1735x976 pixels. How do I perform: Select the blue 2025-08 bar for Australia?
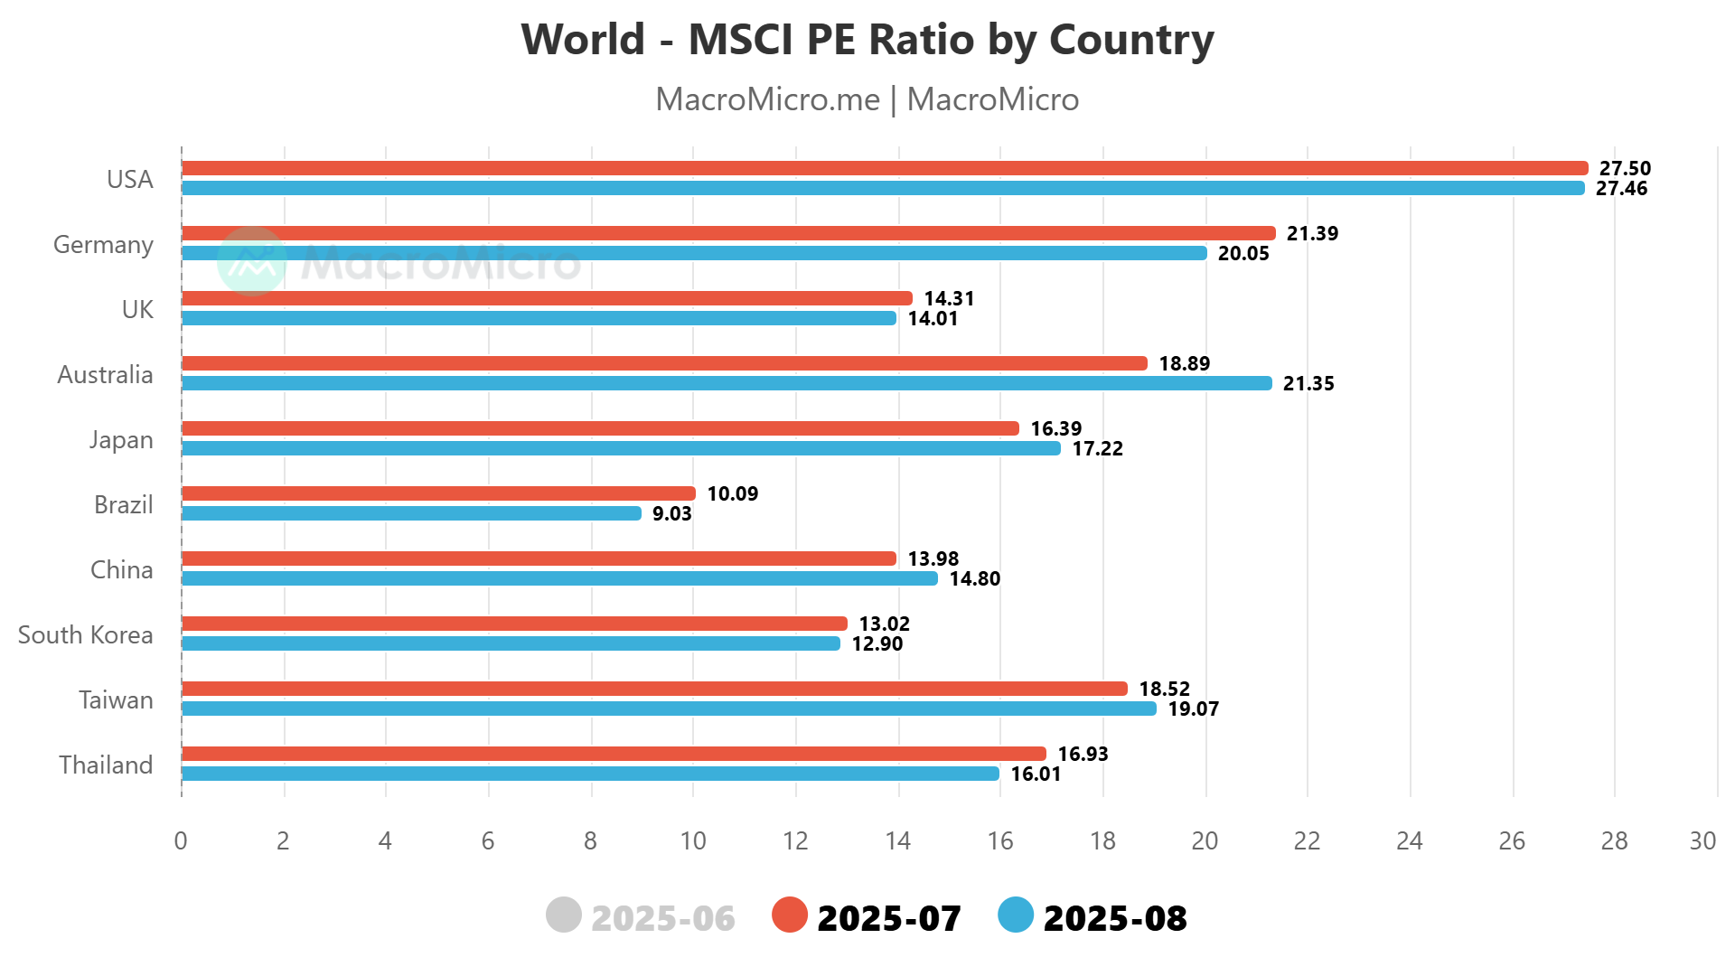[727, 383]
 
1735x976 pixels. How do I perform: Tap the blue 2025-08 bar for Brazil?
[411, 513]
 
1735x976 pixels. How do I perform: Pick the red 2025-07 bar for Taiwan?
[654, 689]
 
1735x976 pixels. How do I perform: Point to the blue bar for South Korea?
[511, 643]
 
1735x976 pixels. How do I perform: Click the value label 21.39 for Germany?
[1312, 233]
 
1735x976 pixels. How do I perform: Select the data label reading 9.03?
[671, 513]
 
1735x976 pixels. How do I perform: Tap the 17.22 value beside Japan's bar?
[1097, 448]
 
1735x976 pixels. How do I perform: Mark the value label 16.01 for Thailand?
[1036, 774]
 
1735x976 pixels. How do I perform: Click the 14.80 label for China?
[974, 578]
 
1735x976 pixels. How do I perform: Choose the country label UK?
[137, 309]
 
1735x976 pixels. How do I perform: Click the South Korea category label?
[86, 634]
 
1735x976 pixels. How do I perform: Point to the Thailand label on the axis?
[106, 765]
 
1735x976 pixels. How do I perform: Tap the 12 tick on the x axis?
[795, 840]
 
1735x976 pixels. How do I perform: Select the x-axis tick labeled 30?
[1702, 840]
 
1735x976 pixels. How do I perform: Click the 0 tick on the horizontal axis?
[181, 840]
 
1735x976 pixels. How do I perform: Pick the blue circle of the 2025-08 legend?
[1016, 915]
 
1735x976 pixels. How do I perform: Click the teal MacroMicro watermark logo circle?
[252, 261]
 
